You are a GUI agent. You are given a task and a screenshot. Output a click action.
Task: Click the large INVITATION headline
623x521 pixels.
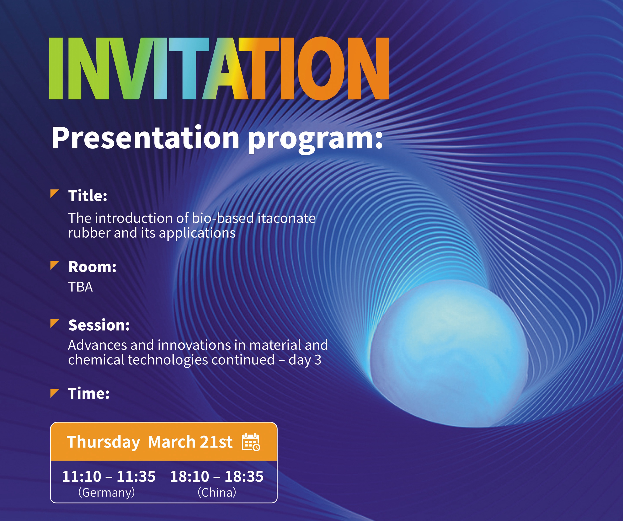[x=219, y=69]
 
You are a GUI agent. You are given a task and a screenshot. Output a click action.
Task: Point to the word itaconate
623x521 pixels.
[x=286, y=218]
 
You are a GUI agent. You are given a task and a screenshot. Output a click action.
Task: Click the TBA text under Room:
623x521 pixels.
[x=80, y=287]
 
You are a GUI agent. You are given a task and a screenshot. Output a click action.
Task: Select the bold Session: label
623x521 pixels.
[x=99, y=325]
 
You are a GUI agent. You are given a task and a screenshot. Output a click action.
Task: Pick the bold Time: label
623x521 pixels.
[x=89, y=393]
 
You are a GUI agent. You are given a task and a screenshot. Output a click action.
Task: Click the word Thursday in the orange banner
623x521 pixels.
[x=103, y=442]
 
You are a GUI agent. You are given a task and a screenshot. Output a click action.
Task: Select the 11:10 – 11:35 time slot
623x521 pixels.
[x=109, y=476]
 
